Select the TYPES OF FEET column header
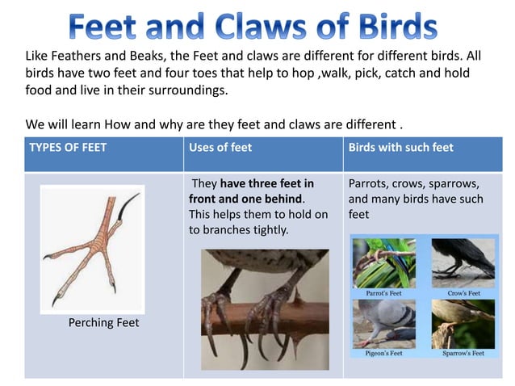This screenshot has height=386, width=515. pos(68,147)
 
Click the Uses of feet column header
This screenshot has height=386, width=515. pos(220,147)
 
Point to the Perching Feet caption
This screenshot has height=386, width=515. pos(103,322)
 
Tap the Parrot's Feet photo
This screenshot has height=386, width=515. pos(384,263)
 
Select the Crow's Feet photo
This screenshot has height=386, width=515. pos(463,263)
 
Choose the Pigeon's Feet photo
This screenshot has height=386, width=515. pos(384,324)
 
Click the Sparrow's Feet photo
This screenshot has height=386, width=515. pos(463,324)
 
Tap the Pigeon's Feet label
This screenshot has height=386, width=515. pos(384,353)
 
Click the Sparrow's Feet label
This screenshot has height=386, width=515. pos(463,353)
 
